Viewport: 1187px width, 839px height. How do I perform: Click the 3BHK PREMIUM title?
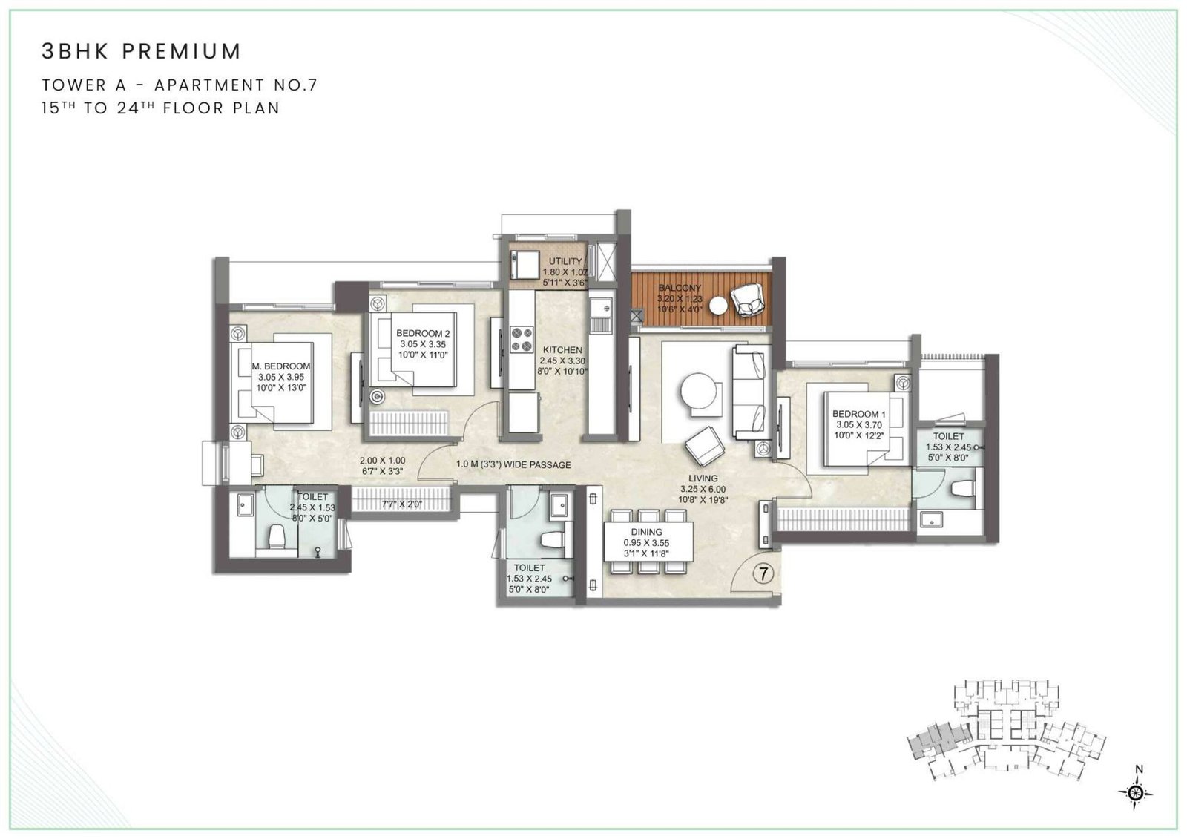[141, 51]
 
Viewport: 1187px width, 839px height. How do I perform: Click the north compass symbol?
[1135, 792]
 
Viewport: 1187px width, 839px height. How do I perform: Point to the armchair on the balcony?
[746, 300]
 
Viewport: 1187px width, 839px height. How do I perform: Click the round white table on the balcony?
[718, 305]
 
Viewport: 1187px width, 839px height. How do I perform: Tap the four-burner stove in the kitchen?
[522, 340]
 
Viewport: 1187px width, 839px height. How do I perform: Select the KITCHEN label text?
[562, 350]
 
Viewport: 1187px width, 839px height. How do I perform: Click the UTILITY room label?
[565, 262]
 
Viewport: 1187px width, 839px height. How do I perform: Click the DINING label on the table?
[647, 532]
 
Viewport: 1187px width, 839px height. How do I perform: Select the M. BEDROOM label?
[281, 366]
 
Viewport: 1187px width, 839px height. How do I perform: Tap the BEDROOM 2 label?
[423, 334]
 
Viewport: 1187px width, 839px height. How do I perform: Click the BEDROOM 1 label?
[859, 414]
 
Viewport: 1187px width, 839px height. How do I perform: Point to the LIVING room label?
[702, 478]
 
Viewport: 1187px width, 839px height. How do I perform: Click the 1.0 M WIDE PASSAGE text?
[513, 465]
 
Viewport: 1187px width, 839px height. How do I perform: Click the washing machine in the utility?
[524, 265]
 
